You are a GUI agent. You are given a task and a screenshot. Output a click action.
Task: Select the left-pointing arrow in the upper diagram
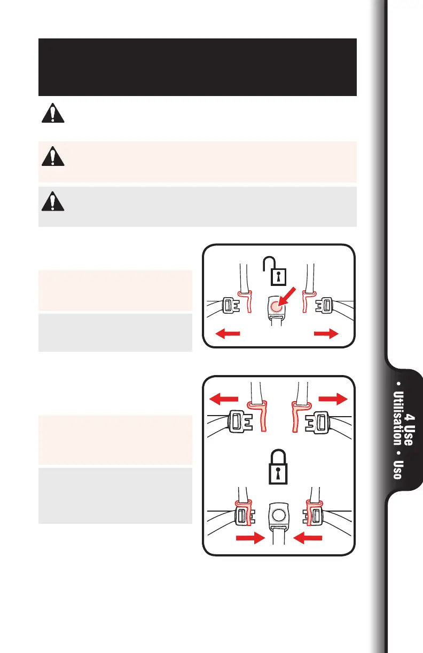227,335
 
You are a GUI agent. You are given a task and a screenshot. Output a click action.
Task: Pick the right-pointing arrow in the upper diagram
326,334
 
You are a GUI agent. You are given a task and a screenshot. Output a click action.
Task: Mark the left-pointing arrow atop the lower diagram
224,399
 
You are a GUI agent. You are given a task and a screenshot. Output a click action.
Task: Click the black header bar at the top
198,67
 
